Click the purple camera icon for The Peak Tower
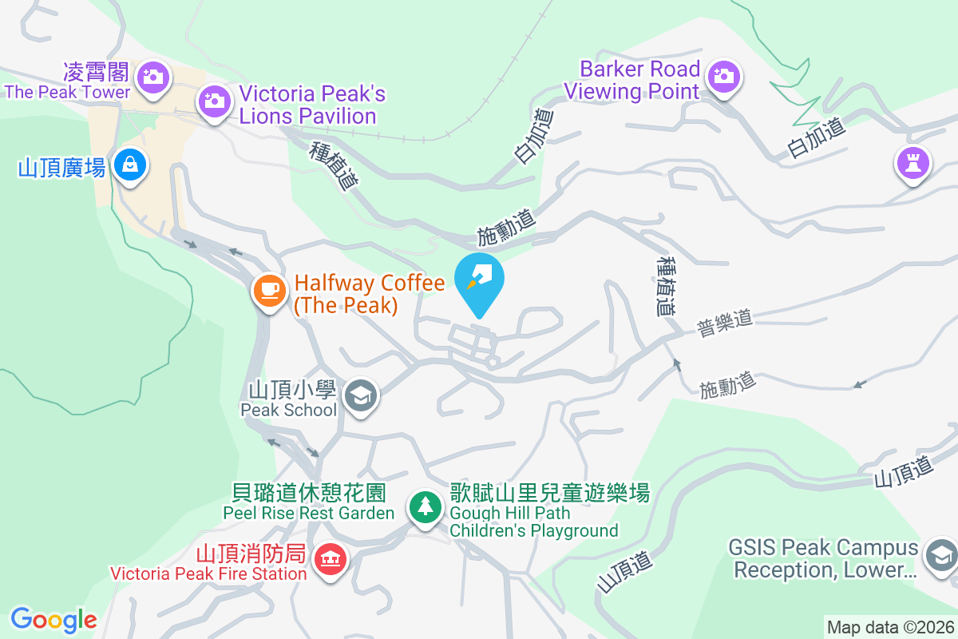(152, 77)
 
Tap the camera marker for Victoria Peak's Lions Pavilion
(213, 101)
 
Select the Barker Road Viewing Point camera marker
(723, 76)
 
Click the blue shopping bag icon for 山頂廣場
(128, 165)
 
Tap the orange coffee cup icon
(269, 289)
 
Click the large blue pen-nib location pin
(479, 280)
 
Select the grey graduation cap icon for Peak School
(362, 395)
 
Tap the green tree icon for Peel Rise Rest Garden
(426, 506)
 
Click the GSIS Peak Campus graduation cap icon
(940, 554)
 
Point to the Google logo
(53, 619)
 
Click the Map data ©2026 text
(889, 627)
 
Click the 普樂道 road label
(725, 323)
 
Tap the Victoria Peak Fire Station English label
(209, 573)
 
